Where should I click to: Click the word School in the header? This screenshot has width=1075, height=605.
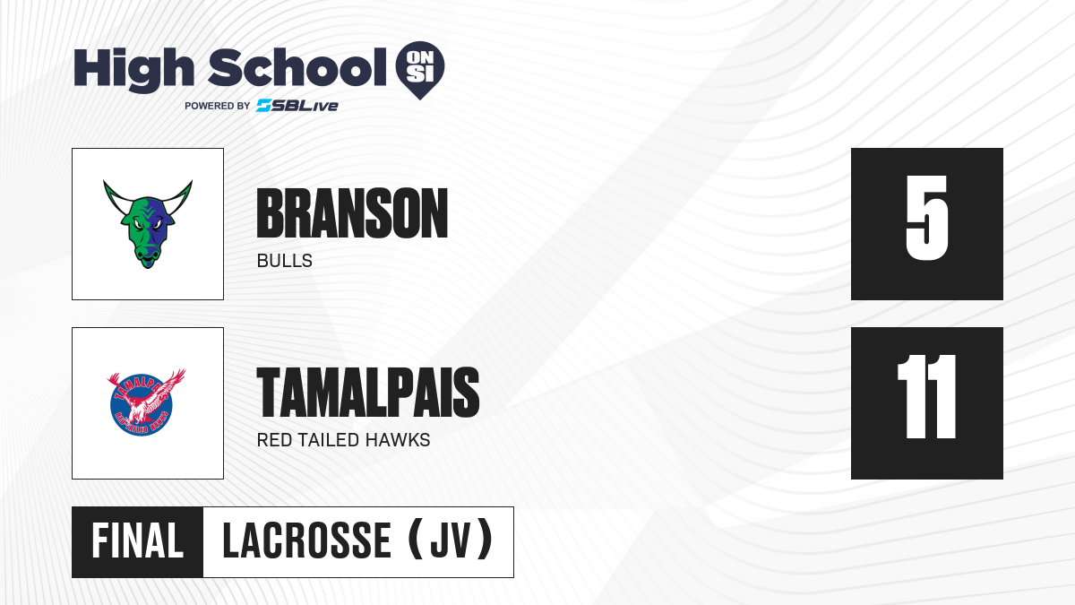[297, 67]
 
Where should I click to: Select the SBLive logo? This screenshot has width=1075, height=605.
[297, 106]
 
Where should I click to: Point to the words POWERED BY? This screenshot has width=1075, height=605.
[218, 106]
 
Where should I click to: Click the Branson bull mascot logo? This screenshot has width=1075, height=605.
[148, 224]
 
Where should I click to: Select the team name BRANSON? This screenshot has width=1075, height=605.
[352, 213]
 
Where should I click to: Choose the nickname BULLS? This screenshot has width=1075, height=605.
[285, 261]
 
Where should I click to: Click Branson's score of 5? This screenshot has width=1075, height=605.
[926, 218]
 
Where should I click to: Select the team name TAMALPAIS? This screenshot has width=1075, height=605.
[368, 393]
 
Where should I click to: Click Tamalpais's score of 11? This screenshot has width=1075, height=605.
[926, 396]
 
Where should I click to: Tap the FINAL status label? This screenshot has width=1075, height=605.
[138, 541]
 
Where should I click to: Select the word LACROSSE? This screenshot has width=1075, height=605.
[307, 541]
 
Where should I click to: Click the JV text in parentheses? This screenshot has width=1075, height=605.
[450, 541]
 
